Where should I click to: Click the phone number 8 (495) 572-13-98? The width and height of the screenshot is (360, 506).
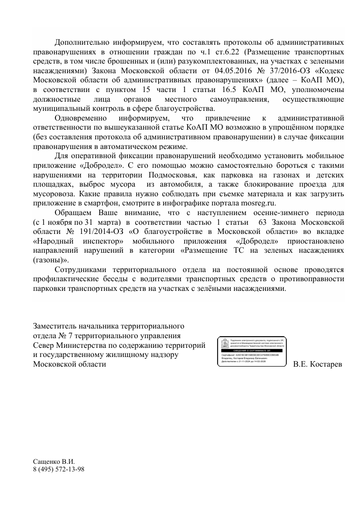[58, 468]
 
